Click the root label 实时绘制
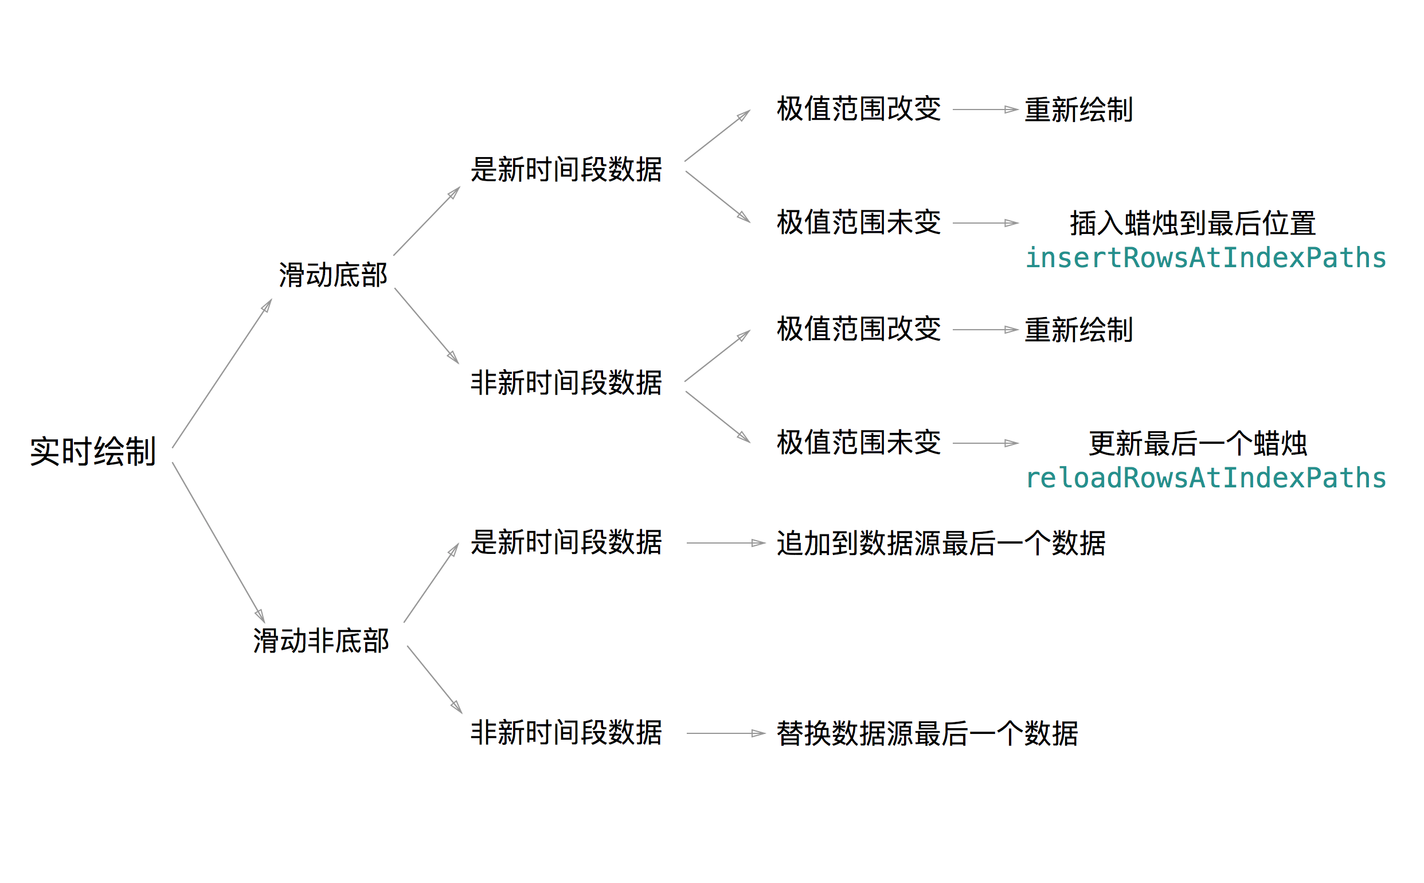click(x=93, y=451)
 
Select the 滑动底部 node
click(x=333, y=275)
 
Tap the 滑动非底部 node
click(x=320, y=640)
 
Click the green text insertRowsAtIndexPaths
click(x=1205, y=258)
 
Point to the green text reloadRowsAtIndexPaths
click(x=1205, y=478)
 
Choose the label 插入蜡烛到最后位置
click(x=1192, y=224)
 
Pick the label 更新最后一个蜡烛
click(x=1197, y=444)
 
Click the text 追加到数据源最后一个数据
click(x=941, y=543)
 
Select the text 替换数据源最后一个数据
click(x=926, y=733)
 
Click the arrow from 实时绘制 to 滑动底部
click(x=222, y=374)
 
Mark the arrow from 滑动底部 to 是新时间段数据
click(x=426, y=221)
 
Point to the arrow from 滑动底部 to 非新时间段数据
click(x=426, y=325)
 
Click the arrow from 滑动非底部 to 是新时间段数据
click(x=431, y=583)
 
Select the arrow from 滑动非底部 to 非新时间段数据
click(x=435, y=679)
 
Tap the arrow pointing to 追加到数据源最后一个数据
click(x=725, y=543)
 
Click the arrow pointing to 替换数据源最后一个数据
click(x=725, y=733)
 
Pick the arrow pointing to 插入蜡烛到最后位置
click(x=985, y=223)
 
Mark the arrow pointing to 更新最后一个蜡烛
click(x=985, y=443)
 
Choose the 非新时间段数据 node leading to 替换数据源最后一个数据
click(x=566, y=733)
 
